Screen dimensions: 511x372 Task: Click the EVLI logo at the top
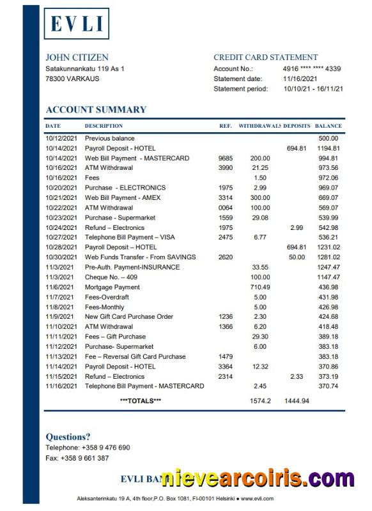click(x=76, y=24)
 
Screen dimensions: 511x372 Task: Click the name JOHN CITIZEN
click(x=77, y=57)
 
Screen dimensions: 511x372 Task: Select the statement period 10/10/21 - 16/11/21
click(x=313, y=89)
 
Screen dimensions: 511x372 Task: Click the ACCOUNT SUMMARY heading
click(x=96, y=109)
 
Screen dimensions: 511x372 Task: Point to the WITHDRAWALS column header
click(x=259, y=126)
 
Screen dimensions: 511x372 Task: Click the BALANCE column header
click(x=328, y=126)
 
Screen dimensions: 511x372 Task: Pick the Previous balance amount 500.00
click(x=328, y=138)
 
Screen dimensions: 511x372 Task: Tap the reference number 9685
click(x=226, y=158)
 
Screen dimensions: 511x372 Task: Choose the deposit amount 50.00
click(x=297, y=257)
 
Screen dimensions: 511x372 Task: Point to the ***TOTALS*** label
click(x=141, y=400)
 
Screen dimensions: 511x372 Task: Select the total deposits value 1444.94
click(x=297, y=400)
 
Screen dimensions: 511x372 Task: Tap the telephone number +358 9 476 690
click(x=102, y=448)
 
